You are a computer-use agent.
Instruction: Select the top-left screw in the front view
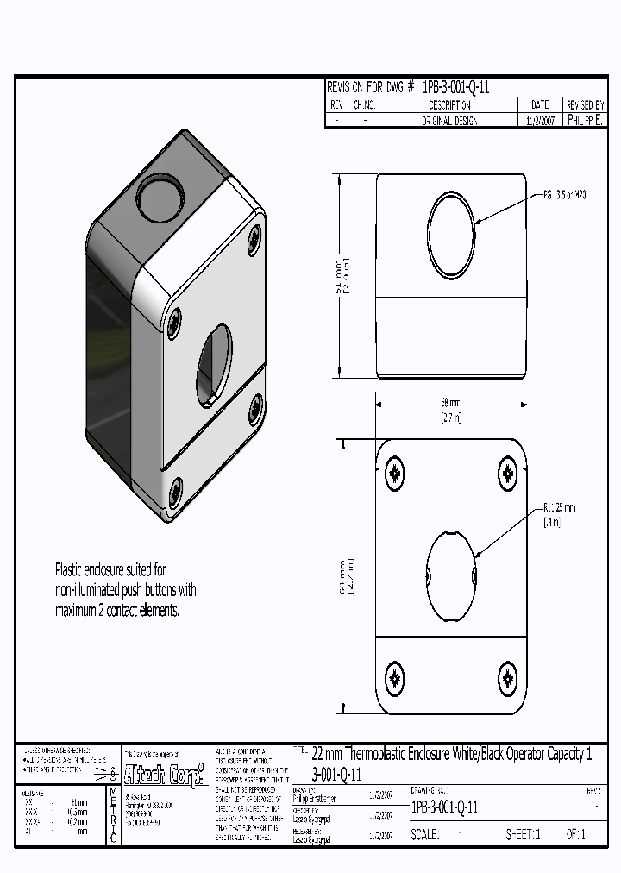(x=395, y=473)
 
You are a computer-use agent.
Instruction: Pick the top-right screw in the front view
(x=507, y=473)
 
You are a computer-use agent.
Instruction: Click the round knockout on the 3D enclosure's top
(x=160, y=198)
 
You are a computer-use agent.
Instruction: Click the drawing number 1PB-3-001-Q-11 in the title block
(x=444, y=807)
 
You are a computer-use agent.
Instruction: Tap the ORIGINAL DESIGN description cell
(x=448, y=122)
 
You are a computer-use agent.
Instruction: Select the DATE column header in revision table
(x=540, y=104)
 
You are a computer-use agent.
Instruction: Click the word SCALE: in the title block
(x=425, y=835)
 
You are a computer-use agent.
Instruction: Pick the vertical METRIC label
(x=113, y=815)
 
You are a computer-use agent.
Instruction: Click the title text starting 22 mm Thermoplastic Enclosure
(x=452, y=754)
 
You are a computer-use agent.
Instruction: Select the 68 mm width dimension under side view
(x=451, y=409)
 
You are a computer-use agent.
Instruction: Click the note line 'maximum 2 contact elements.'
(x=117, y=611)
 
